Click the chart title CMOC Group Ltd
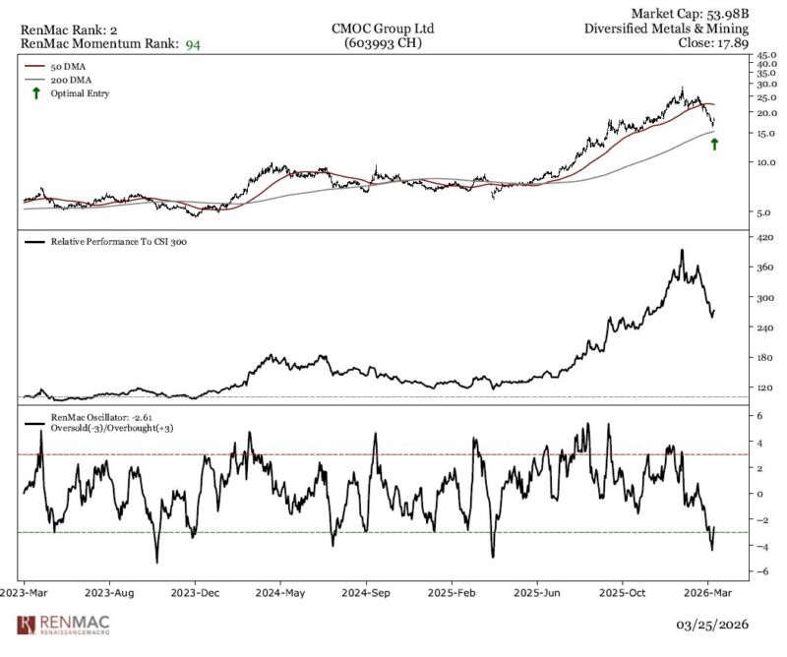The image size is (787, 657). tap(382, 29)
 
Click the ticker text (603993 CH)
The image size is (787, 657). tap(382, 43)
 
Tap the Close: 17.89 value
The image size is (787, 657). tap(714, 43)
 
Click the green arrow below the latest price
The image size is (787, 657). tap(714, 144)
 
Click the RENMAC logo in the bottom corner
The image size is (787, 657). tap(63, 625)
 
